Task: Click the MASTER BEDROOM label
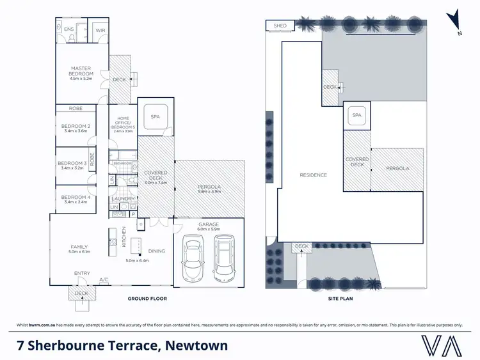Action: point(81,70)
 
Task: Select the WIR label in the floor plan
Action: point(100,30)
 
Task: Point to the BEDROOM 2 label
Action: point(76,126)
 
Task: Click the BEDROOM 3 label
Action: point(72,163)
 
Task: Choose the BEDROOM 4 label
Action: point(76,197)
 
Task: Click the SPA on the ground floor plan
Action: point(154,117)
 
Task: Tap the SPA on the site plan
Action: point(356,116)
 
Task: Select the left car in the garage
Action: point(193,258)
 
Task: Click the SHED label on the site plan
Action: point(280,26)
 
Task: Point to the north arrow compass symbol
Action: point(455,20)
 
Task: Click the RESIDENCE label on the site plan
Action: point(314,175)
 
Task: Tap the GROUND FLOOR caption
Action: point(147,299)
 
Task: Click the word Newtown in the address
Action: point(196,346)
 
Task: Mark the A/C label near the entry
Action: point(104,279)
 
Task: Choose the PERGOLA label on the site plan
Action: point(397,168)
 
